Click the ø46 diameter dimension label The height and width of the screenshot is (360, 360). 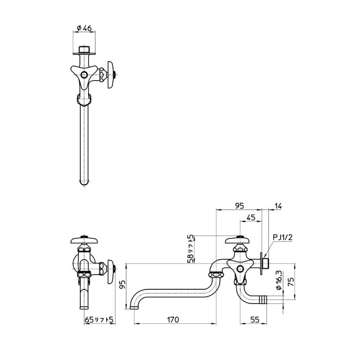[x=84, y=28]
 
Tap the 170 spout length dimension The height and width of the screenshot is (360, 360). [x=173, y=319]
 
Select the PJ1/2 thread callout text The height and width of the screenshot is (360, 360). [x=283, y=237]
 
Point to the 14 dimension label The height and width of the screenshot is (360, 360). [x=278, y=206]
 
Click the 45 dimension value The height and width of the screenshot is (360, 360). [x=251, y=217]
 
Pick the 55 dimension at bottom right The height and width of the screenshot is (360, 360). [x=255, y=319]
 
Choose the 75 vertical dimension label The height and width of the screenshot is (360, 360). [x=291, y=282]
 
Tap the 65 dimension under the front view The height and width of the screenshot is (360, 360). [x=89, y=319]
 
